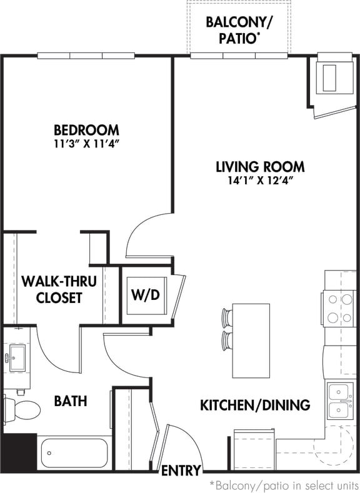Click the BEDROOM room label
click(x=86, y=131)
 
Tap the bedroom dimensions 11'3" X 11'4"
click(x=86, y=144)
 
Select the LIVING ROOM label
click(x=260, y=167)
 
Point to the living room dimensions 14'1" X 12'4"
click(x=260, y=180)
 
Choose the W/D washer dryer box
click(x=144, y=294)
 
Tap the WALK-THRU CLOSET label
click(x=59, y=289)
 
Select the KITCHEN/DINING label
click(x=254, y=405)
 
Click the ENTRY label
click(x=181, y=471)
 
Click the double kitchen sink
click(x=339, y=400)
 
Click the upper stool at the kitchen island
click(x=227, y=316)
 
